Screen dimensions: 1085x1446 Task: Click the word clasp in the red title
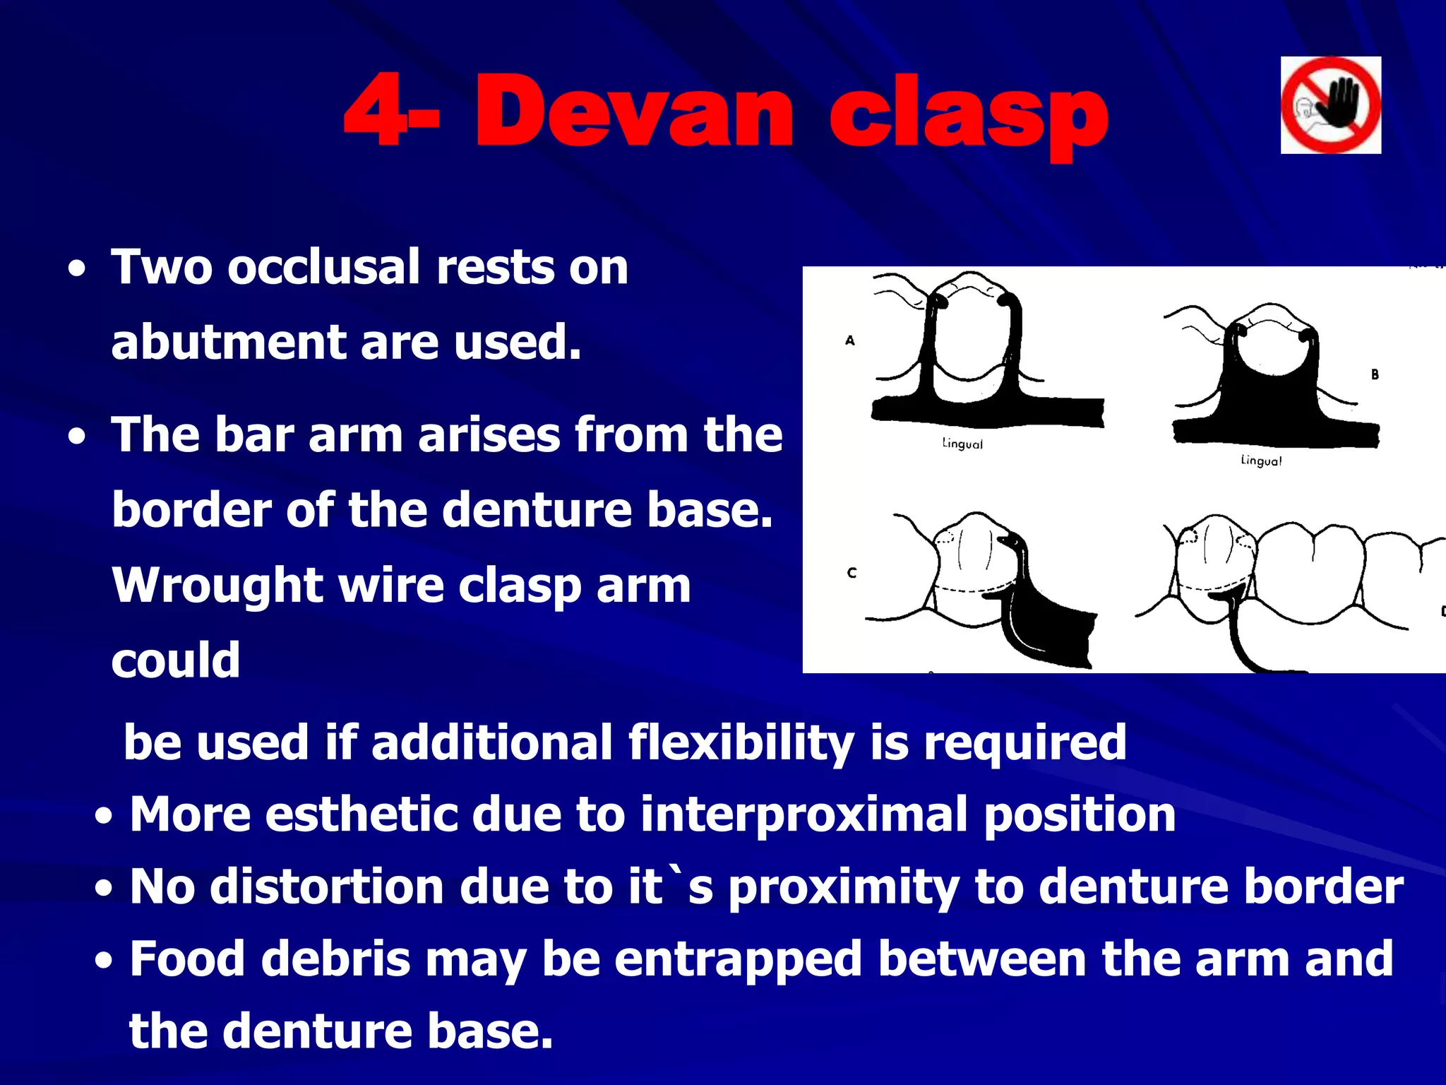click(967, 117)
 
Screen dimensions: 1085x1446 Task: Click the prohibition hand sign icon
click(1330, 105)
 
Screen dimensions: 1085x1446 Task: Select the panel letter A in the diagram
click(850, 340)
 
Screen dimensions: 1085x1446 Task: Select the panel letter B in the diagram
click(1375, 374)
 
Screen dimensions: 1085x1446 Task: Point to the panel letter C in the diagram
click(852, 573)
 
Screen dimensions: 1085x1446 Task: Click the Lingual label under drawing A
click(962, 444)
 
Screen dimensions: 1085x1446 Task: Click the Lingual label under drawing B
click(1261, 461)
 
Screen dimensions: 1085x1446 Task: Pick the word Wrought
click(217, 586)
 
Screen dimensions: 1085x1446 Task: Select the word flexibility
click(740, 743)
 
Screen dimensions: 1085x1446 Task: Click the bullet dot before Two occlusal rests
click(78, 270)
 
